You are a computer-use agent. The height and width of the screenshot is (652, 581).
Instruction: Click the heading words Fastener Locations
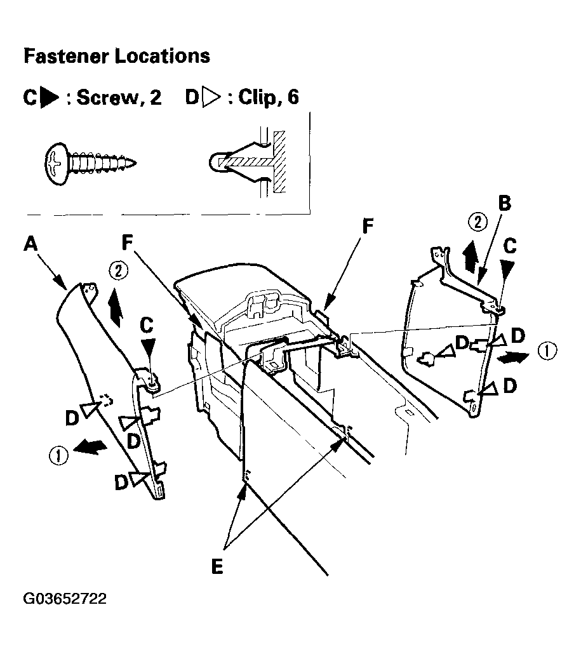117,56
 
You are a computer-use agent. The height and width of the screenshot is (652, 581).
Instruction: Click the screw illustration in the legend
91,164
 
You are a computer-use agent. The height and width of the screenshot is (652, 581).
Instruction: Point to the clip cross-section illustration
248,162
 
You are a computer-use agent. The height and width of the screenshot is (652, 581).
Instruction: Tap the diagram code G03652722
65,599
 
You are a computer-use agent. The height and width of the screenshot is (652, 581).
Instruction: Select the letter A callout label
30,243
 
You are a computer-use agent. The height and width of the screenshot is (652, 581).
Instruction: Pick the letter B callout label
504,203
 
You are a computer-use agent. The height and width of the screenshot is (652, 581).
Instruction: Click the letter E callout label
217,566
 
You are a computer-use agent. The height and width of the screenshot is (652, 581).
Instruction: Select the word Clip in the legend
257,98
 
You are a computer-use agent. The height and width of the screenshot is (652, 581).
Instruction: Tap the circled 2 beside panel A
119,271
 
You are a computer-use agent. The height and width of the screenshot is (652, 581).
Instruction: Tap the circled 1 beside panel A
58,455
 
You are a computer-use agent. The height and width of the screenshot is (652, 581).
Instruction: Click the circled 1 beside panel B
547,350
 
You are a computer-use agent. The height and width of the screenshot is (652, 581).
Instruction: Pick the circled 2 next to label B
478,222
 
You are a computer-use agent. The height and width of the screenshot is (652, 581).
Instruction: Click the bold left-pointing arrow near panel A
90,446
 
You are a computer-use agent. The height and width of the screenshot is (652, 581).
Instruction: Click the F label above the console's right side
368,227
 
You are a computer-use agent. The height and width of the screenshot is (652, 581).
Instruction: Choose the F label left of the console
127,243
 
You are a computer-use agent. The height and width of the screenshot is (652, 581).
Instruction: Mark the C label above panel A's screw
147,325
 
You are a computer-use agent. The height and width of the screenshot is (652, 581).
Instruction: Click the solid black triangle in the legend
50,98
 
